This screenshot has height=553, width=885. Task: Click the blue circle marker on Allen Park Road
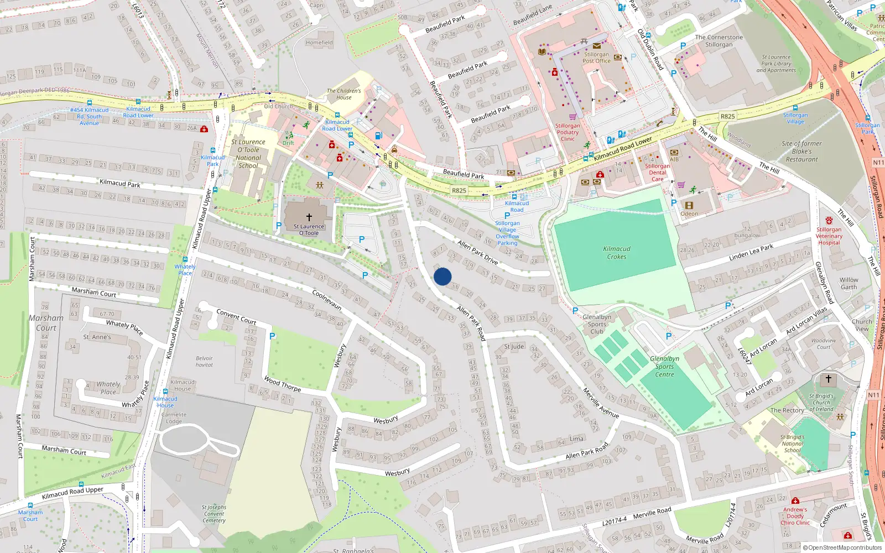pos(442,276)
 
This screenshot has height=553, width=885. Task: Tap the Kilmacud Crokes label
pos(617,253)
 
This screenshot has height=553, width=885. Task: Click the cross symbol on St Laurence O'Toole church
pos(309,217)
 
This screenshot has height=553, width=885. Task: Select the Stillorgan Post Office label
pos(596,58)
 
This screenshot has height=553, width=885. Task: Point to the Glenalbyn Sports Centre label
pos(665,366)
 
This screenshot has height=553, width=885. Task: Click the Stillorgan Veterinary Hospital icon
pos(829,221)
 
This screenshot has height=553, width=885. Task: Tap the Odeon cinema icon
pos(689,205)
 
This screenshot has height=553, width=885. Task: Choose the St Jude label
pos(514,347)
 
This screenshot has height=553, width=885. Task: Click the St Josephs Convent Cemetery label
pos(214,514)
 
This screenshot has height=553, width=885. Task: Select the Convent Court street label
pos(236,317)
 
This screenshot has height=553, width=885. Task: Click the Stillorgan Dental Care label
pos(657,173)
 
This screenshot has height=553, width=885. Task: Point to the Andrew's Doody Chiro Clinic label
pos(795,516)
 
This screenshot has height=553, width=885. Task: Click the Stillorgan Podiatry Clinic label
pos(568,132)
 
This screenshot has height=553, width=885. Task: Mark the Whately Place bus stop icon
pos(185,259)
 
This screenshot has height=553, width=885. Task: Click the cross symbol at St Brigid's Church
pos(828,379)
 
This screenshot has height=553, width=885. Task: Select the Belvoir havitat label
pos(204,361)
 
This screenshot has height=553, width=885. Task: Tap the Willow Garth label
pos(848,283)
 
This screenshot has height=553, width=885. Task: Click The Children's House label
pos(343,94)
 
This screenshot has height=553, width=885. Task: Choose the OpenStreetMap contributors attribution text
pos(843,547)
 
